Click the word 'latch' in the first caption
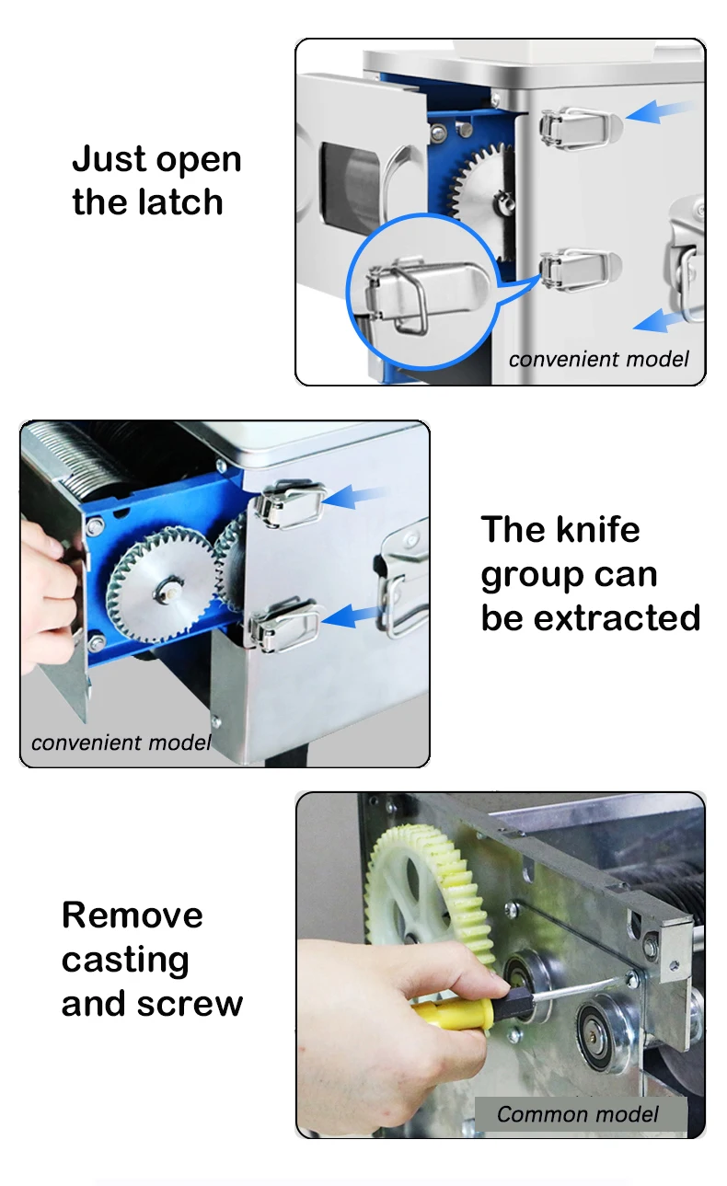click(180, 202)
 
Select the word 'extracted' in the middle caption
click(617, 617)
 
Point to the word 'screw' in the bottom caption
click(190, 1004)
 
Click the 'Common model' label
click(577, 1114)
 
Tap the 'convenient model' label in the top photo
click(598, 360)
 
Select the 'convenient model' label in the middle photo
click(121, 743)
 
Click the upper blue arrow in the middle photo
click(353, 497)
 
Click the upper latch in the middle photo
click(289, 503)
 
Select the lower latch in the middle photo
click(284, 624)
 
